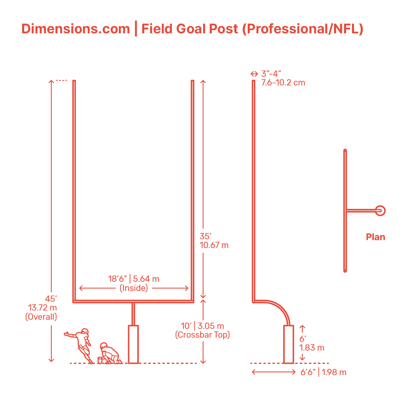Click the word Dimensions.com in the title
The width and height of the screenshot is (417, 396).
tap(75, 29)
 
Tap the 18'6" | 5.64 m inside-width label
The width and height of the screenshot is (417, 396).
tap(134, 278)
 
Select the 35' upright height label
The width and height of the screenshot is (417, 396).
tap(206, 236)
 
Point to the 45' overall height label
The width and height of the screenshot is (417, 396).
tap(50, 299)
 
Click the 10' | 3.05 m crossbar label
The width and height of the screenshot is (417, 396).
tap(203, 326)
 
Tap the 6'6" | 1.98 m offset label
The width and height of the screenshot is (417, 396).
tap(324, 372)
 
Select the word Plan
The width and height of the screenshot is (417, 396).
tap(375, 237)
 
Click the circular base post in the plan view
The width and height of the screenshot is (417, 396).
tap(380, 211)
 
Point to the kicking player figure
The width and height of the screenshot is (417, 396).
tap(81, 344)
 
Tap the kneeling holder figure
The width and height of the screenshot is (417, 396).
tap(109, 353)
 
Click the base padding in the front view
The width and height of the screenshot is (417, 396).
tap(133, 344)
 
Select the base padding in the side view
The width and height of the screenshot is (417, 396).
tap(289, 344)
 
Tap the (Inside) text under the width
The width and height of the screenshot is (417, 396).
tap(134, 288)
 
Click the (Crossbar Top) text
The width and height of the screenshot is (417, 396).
tap(203, 335)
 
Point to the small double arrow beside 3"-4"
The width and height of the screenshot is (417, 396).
tap(254, 74)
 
